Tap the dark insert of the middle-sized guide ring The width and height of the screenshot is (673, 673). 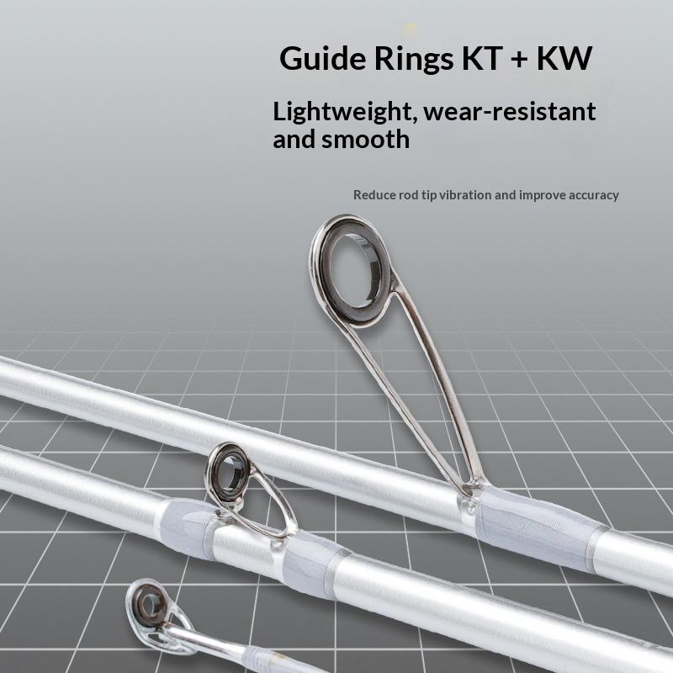[x=229, y=468]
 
